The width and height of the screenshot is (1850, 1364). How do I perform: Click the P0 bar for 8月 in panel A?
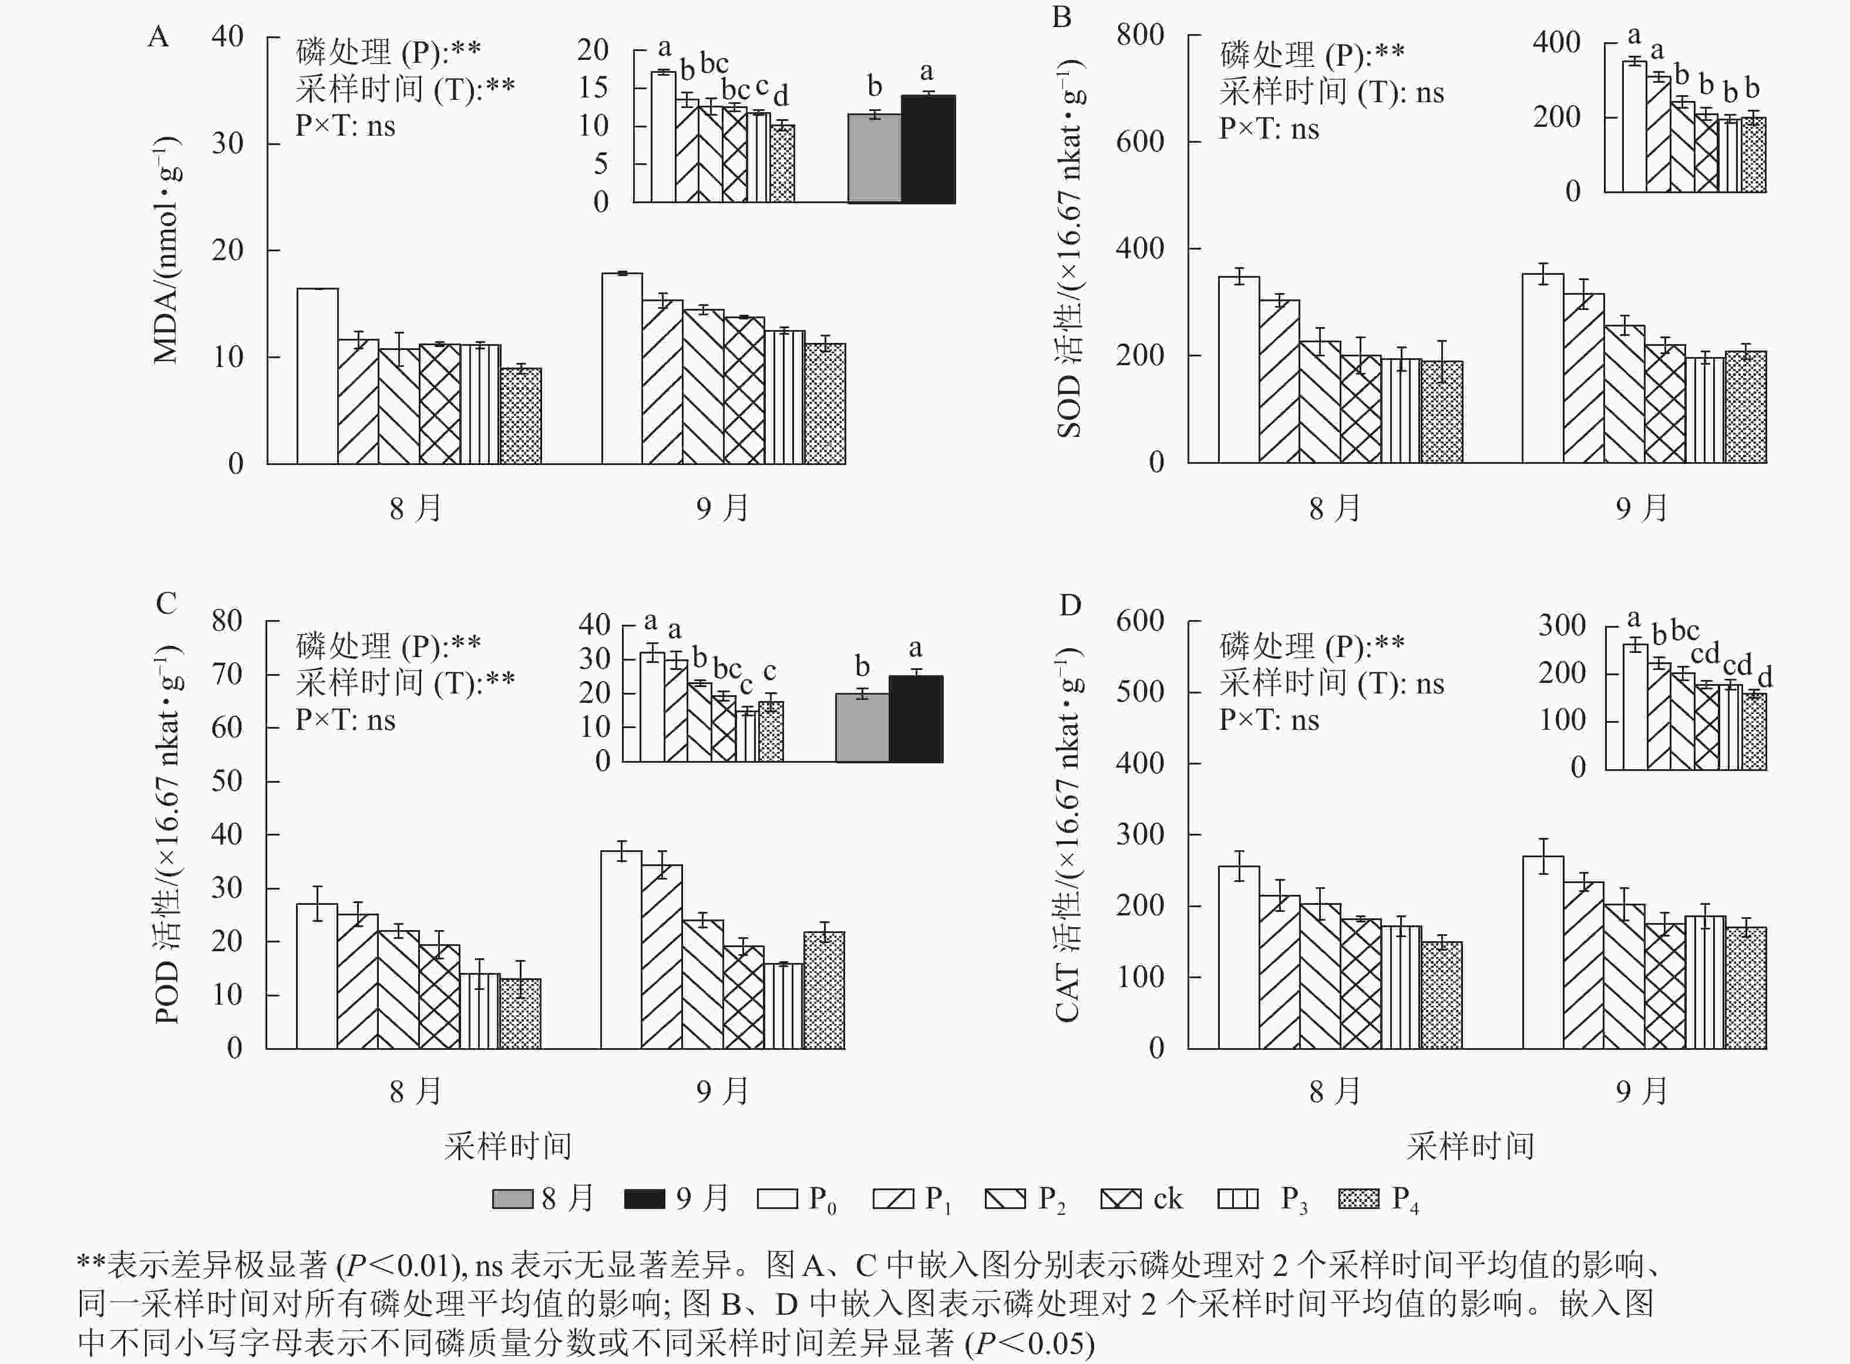[x=317, y=376]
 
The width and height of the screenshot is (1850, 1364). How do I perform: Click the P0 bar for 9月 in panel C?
[x=621, y=949]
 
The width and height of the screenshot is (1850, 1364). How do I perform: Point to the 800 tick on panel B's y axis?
[x=1140, y=35]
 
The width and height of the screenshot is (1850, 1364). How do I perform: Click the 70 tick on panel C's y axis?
[x=226, y=675]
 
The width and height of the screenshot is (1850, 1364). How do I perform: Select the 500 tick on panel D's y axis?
[x=1140, y=692]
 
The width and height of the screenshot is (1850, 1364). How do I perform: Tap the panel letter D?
[x=1070, y=605]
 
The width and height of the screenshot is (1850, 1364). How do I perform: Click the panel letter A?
[x=158, y=37]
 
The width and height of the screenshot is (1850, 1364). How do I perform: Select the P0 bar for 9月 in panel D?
[x=1543, y=953]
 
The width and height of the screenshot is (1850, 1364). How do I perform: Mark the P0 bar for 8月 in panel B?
[x=1239, y=370]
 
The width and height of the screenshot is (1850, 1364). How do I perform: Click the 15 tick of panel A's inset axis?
[x=593, y=87]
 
